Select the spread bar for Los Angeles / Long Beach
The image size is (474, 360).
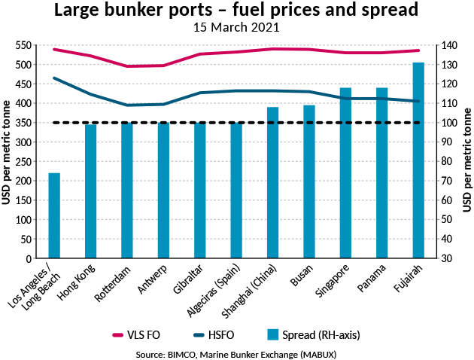[54, 215]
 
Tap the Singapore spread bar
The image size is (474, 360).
[345, 173]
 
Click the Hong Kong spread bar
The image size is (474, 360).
[90, 191]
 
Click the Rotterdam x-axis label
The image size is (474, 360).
[114, 285]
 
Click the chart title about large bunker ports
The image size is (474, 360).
[236, 12]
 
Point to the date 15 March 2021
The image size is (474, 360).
[236, 29]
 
